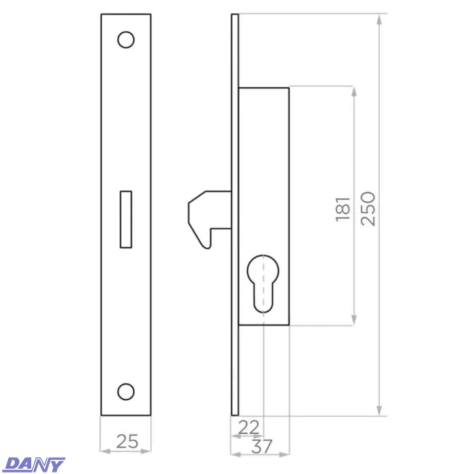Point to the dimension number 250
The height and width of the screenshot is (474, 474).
tap(368, 209)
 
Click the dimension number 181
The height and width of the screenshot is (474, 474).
tap(343, 209)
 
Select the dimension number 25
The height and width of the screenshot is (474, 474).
tap(127, 441)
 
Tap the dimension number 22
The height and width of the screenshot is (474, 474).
tap(249, 427)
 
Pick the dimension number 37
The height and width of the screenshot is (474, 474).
tap(262, 446)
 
